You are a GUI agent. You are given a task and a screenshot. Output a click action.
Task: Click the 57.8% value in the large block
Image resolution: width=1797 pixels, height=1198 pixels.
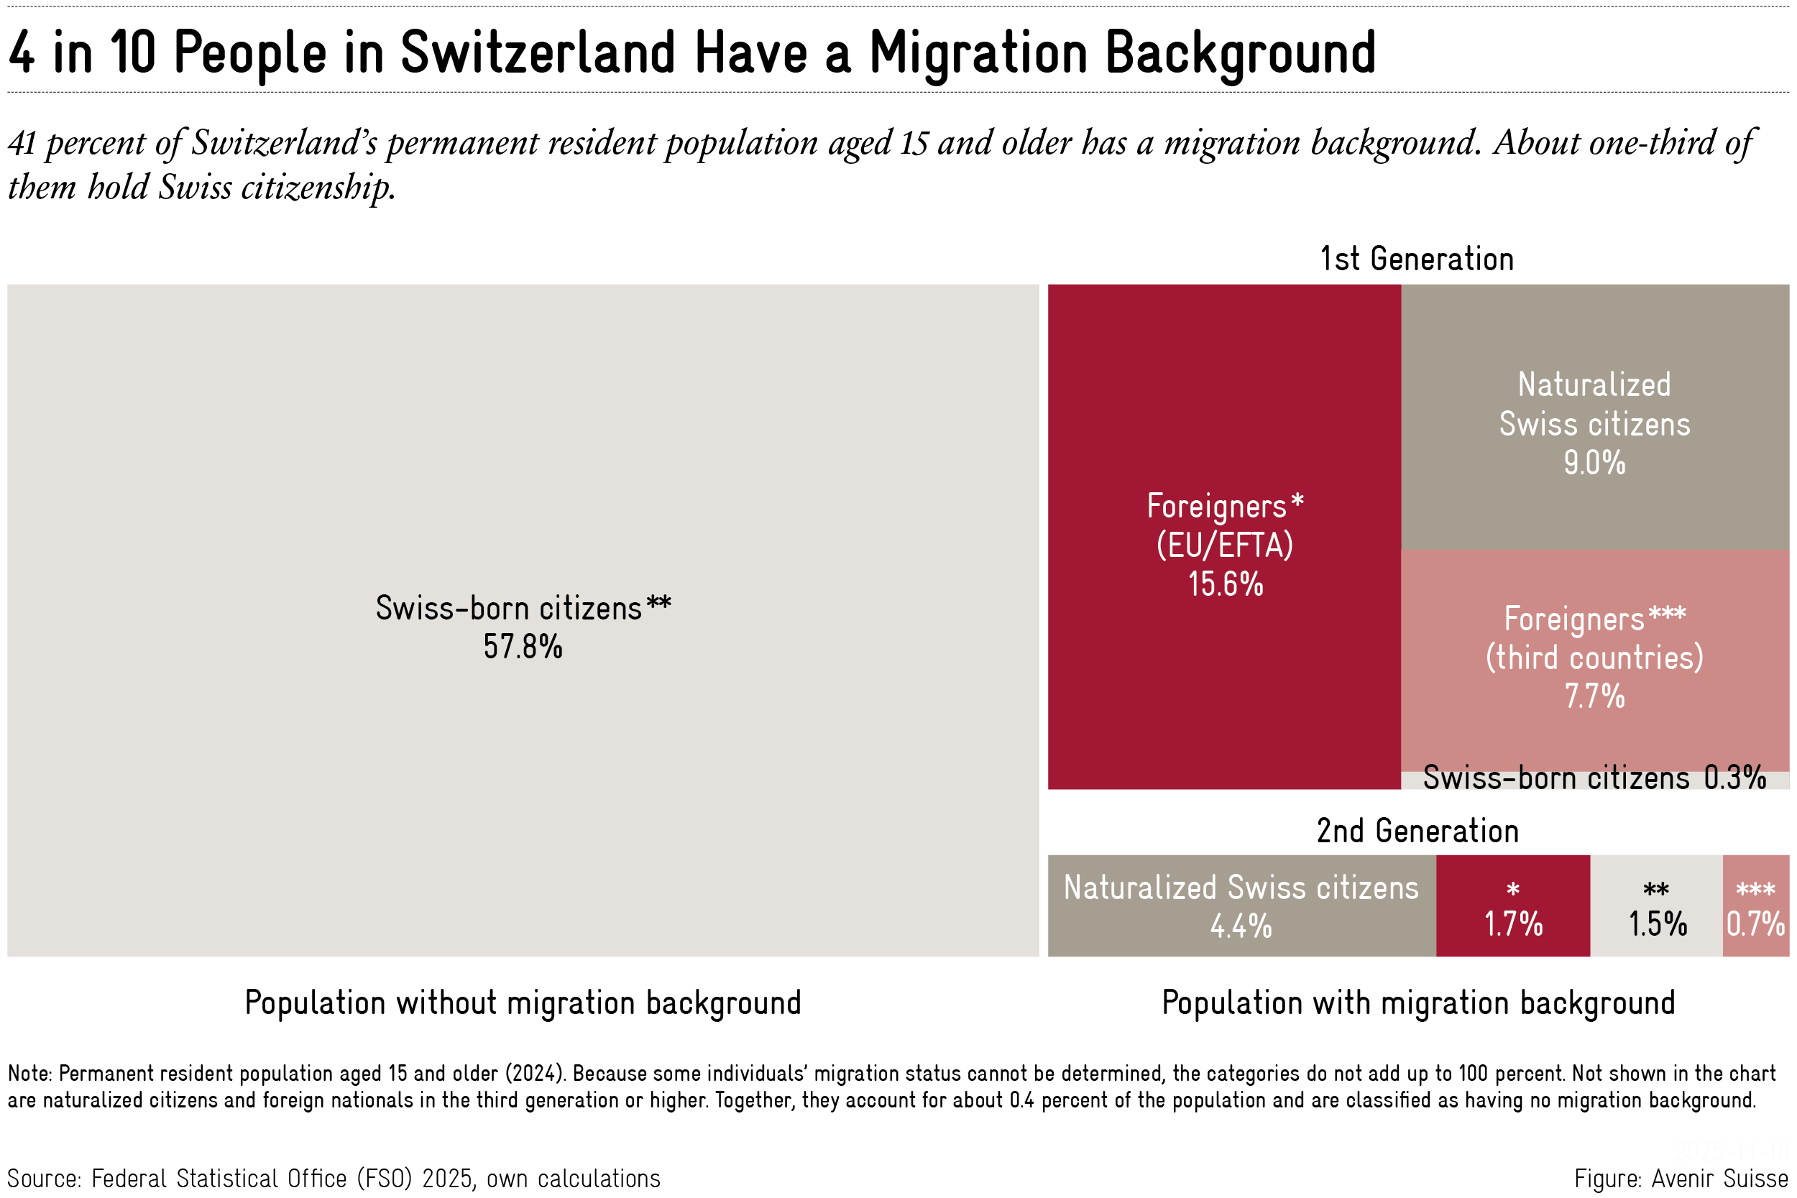[x=523, y=647]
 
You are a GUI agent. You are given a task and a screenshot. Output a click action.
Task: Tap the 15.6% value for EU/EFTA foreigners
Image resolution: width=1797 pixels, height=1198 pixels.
[x=1226, y=584]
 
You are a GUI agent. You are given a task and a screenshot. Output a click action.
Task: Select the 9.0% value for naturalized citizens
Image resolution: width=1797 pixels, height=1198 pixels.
[x=1594, y=463]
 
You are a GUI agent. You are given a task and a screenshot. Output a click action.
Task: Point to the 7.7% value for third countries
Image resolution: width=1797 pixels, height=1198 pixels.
[x=1594, y=697]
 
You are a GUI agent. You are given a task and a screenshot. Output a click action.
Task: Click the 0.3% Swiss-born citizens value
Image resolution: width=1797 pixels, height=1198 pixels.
[x=1735, y=778]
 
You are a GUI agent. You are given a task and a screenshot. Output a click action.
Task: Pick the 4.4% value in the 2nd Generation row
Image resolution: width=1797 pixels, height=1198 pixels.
[x=1241, y=927]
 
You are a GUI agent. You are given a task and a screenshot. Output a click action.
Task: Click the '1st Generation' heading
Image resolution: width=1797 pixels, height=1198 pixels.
[x=1417, y=259]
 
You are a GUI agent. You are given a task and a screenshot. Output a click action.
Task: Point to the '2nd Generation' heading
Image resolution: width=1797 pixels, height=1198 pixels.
[x=1417, y=831]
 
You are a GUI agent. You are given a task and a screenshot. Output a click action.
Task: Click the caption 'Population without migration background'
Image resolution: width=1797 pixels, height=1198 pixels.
[x=523, y=1003]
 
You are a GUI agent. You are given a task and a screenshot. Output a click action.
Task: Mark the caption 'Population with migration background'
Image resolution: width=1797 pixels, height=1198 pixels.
[x=1418, y=1003]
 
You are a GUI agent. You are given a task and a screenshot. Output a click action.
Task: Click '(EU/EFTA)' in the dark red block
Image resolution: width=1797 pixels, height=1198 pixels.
[x=1225, y=545]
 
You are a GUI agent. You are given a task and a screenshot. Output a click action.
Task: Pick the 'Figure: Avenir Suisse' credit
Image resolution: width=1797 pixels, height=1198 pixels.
[x=1681, y=1179]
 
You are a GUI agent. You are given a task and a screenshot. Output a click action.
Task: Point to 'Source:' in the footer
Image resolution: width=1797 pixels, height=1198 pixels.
[x=44, y=1179]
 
